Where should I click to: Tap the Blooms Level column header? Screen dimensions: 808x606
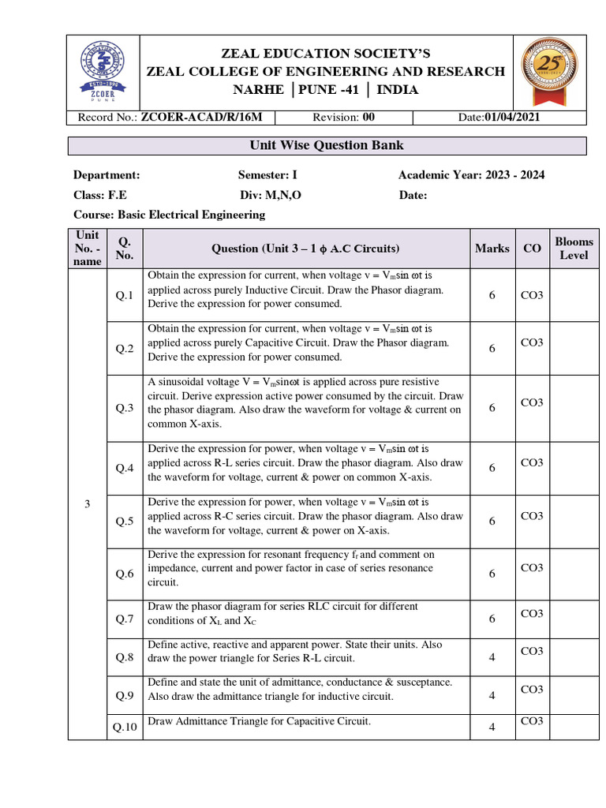click(x=574, y=249)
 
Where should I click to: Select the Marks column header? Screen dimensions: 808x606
click(x=492, y=249)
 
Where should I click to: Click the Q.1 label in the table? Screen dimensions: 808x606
click(x=125, y=295)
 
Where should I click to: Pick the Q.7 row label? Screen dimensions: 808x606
click(x=125, y=619)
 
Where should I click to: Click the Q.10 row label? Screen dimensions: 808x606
click(x=125, y=728)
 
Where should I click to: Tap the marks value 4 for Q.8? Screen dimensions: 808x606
click(x=492, y=657)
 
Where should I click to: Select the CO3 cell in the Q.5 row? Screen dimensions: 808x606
click(x=532, y=515)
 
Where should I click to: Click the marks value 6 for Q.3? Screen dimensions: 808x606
click(x=492, y=408)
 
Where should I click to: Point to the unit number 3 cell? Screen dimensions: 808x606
click(x=87, y=505)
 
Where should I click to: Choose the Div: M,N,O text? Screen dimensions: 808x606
click(x=271, y=195)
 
